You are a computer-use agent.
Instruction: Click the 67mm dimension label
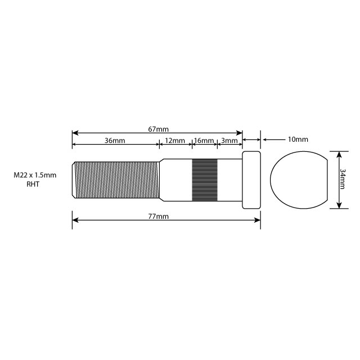158,129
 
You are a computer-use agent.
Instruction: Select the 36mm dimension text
115,140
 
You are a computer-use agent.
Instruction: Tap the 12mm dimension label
175,140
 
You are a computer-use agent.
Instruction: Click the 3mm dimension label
229,140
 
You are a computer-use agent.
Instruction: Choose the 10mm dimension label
298,139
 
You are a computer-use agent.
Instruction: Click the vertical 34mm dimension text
343,180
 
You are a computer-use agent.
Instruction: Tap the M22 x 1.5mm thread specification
35,175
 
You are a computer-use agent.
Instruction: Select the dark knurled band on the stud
205,180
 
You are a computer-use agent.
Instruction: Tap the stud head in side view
251,180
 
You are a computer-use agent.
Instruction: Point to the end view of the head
298,180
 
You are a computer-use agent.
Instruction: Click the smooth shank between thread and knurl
175,180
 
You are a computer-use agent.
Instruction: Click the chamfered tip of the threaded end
74,180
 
